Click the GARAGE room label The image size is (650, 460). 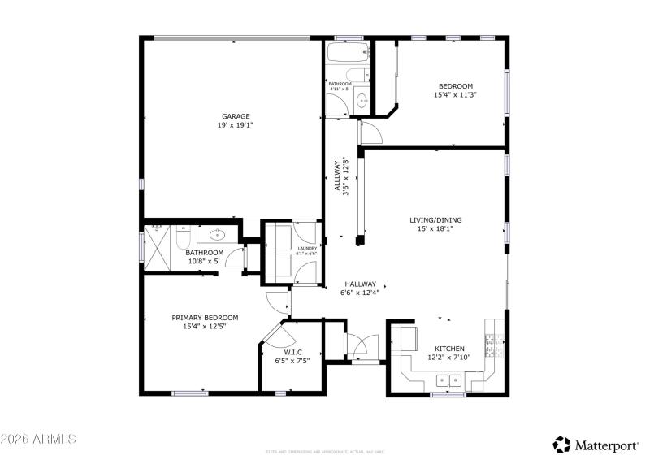236,116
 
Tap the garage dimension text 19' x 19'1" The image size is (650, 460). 236,125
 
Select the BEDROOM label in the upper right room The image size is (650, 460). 455,86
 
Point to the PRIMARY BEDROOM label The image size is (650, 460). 204,318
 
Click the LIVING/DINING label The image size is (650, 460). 430,219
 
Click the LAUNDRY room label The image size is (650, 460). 306,249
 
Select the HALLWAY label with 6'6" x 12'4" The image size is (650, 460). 358,284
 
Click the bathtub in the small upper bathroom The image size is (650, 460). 347,54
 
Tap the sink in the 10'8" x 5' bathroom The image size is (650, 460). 218,236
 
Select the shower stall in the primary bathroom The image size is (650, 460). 157,242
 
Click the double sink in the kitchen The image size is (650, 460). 446,380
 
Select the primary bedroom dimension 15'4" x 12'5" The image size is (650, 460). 204,327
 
